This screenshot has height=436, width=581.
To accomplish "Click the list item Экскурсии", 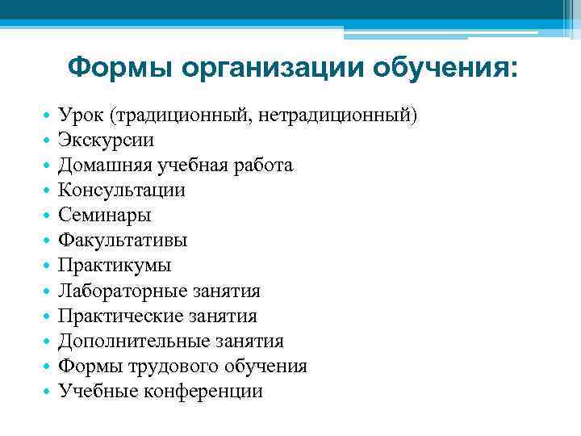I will pos(107,140).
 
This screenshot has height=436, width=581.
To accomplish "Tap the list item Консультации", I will pos(122,191).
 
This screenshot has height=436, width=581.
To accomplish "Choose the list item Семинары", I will pos(105,216).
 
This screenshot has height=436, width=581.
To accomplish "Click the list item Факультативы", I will pos(123,241).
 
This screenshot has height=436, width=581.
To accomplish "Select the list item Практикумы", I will pos(115,266).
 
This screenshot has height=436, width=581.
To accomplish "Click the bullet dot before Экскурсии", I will pos(48,141).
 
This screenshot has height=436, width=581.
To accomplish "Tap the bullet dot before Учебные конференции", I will pos(48,392).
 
